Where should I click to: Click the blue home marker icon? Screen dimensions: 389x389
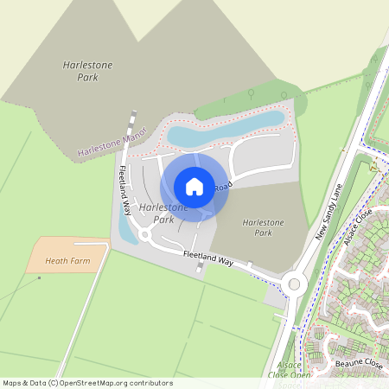click(194, 186)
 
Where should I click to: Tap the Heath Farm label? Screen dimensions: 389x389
click(68, 260)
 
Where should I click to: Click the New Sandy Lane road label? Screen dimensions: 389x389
click(329, 212)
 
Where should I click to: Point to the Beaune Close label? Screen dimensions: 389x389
click(358, 365)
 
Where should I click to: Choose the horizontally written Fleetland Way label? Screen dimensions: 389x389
click(208, 258)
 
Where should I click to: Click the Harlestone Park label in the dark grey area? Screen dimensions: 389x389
click(81, 71)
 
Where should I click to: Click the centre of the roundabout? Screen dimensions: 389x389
click(296, 284)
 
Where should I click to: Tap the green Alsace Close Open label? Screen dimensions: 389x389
click(289, 371)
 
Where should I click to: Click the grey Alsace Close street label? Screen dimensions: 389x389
click(357, 226)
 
